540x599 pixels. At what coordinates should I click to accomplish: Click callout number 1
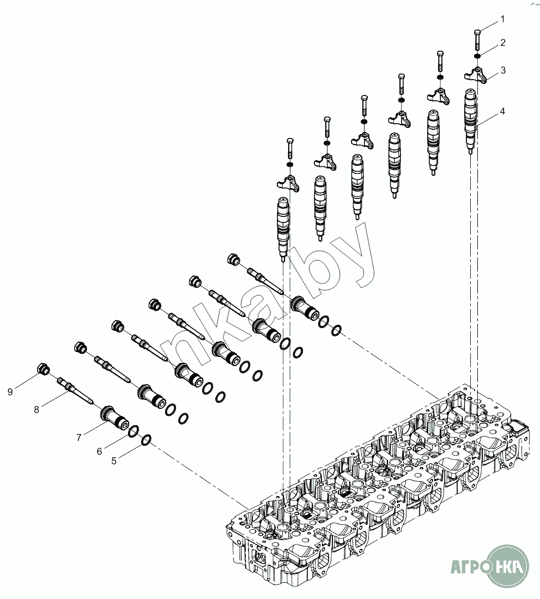coord(502,19)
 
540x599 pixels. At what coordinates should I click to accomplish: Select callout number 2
coord(502,43)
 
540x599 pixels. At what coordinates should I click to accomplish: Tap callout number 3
coord(503,70)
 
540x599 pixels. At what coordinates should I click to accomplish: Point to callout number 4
coord(502,112)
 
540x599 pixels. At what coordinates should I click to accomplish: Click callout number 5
coord(113,461)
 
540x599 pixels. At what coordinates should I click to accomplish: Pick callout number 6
coord(99,451)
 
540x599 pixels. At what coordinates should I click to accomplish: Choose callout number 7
coord(79,438)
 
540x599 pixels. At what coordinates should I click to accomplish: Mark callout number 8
coord(37,410)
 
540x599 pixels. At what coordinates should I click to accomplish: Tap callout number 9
coord(10,392)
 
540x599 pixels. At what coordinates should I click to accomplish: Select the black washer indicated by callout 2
coord(477,57)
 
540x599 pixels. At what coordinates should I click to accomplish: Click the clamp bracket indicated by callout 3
coord(476,75)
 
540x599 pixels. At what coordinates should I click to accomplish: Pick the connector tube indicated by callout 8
coord(75,390)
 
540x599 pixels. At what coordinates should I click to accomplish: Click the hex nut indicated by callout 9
coord(44,370)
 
